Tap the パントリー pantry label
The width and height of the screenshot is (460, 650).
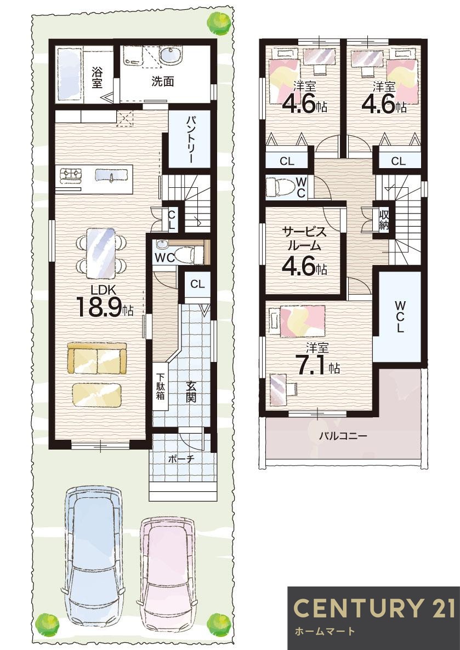pos(189,139)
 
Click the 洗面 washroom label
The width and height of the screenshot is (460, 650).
pos(163,82)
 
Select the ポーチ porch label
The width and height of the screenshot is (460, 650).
pos(180,459)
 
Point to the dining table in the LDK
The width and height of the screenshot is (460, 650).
pos(102,251)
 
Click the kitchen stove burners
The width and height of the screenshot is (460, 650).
pos(71,175)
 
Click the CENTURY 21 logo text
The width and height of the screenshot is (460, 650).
pos(374,608)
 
